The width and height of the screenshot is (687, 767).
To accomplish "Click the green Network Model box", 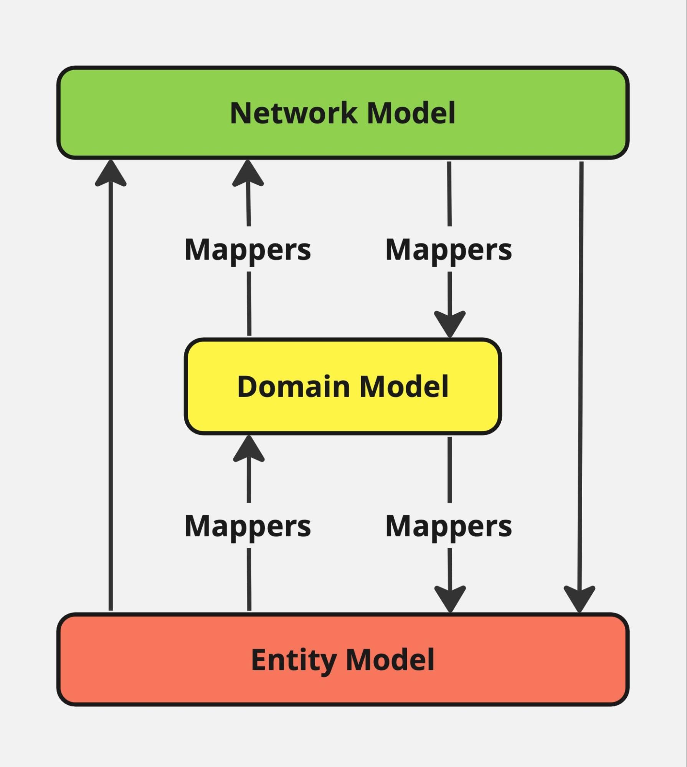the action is click(x=343, y=113).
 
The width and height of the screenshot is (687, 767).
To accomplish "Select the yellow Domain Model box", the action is click(x=343, y=386).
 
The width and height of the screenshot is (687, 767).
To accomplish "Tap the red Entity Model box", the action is click(x=343, y=660).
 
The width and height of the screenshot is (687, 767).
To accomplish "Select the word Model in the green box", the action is click(x=411, y=113).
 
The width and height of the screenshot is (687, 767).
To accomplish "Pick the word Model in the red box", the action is click(x=390, y=660).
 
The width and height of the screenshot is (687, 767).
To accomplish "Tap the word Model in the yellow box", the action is click(x=404, y=386).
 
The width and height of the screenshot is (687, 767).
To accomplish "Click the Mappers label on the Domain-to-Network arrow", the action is click(x=248, y=250).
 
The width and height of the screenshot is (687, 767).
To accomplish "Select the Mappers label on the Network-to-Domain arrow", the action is click(x=449, y=250).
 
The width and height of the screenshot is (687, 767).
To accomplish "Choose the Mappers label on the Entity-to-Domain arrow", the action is click(x=248, y=526).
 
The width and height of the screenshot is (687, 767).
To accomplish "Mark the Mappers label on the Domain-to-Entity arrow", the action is click(x=449, y=526).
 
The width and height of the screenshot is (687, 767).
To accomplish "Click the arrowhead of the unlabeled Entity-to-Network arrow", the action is click(x=111, y=173).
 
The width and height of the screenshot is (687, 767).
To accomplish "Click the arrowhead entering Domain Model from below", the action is click(x=249, y=449).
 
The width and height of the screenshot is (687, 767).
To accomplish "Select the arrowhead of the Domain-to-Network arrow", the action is click(x=248, y=173).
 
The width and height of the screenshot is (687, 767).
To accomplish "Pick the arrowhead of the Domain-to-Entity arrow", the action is click(x=450, y=599).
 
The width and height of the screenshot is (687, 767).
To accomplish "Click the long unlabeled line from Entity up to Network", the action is click(x=111, y=385).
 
